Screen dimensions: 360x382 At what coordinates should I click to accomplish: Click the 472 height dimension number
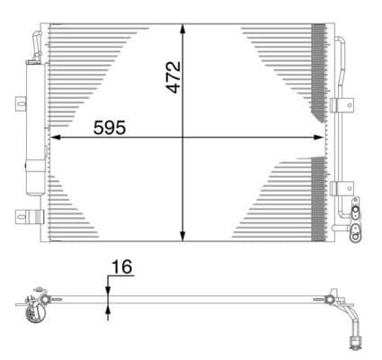[x=174, y=76]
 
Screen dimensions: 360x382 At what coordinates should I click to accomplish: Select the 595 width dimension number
[x=110, y=127]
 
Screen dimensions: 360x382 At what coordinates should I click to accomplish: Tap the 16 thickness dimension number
[x=122, y=266]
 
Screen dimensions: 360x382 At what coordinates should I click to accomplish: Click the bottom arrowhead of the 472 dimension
[x=183, y=236]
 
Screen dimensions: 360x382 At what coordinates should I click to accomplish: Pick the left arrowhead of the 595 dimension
[x=54, y=138]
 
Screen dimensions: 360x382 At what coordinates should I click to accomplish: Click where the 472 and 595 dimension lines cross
[x=183, y=138]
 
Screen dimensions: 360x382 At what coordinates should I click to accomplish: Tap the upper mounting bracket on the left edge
[x=21, y=104]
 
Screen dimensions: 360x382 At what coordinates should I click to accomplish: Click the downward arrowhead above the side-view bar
[x=108, y=287]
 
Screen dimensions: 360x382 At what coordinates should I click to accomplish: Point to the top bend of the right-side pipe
[x=341, y=41]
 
